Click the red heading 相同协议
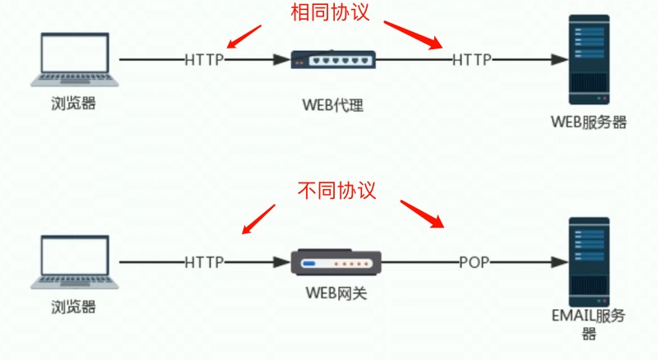pos(330,12)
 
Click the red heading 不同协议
pos(336,190)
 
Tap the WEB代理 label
pos(333,105)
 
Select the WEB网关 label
pos(336,293)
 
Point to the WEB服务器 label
pos(588,122)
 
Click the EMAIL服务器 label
pos(588,324)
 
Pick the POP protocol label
pos(475,263)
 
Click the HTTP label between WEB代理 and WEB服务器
pos(471,60)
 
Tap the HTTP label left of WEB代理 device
pos(204,60)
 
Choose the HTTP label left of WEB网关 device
pos(204,263)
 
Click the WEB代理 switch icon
pos(333,59)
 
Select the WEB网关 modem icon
pos(336,262)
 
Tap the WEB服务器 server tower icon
pos(589,59)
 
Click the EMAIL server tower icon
pos(589,262)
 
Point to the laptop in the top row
pos(75,59)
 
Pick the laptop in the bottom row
pos(75,262)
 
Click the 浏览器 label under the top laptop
pos(73,104)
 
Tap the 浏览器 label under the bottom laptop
pos(73,307)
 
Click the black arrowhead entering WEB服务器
pos(559,59)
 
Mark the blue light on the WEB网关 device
pos(309,264)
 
